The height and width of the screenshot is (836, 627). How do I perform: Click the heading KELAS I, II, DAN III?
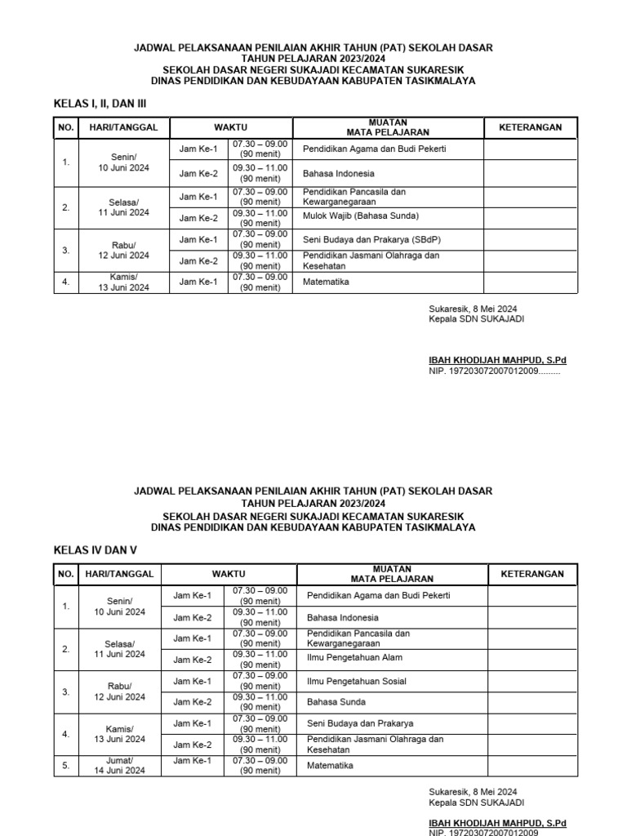(x=100, y=103)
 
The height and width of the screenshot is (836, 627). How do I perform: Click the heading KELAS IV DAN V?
(x=93, y=549)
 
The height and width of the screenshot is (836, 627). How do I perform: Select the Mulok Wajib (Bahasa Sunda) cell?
(x=360, y=216)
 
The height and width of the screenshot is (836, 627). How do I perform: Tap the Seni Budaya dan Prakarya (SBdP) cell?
(x=366, y=239)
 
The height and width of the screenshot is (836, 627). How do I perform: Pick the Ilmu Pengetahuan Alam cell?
(x=354, y=657)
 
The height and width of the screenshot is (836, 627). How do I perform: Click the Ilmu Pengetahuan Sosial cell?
(x=357, y=681)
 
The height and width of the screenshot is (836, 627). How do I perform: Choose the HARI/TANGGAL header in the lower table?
(x=119, y=574)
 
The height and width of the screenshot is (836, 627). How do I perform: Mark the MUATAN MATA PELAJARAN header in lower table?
(x=392, y=574)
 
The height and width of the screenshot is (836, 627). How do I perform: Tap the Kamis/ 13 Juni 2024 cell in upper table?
(x=124, y=282)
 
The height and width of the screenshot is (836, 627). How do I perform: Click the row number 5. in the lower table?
(x=66, y=766)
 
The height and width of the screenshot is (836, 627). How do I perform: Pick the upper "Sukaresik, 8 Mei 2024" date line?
(x=473, y=309)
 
